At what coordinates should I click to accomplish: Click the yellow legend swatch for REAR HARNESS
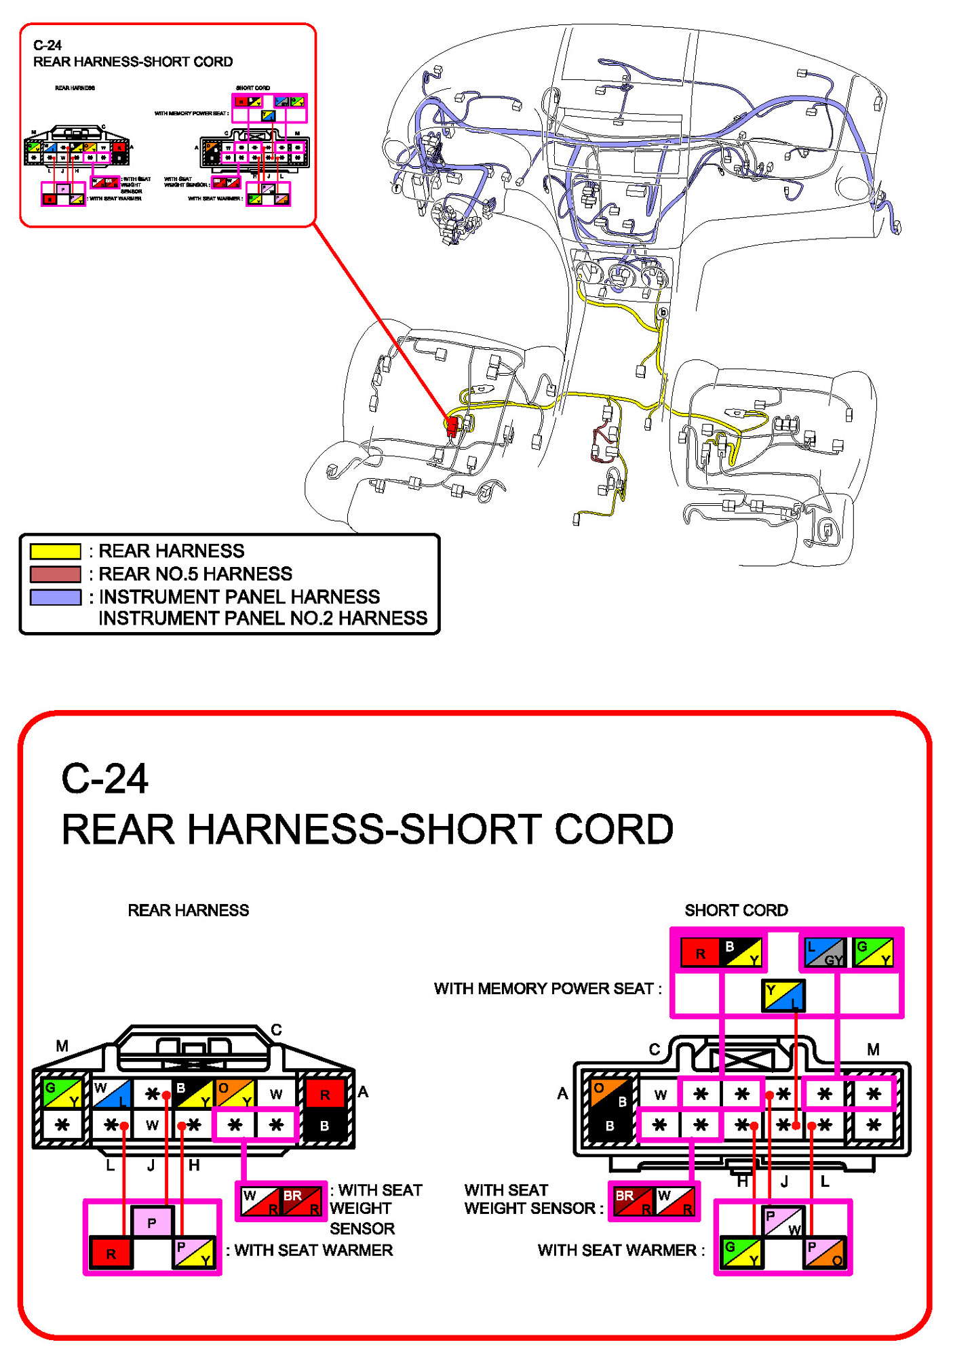coord(55,551)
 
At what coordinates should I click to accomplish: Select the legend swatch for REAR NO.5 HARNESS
coord(55,574)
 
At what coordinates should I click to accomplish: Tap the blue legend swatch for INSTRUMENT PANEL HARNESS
coord(55,597)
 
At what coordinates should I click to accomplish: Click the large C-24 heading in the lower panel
coord(104,779)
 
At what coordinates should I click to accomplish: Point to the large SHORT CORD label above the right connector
coord(736,910)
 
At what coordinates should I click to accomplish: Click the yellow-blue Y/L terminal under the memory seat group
coord(783,996)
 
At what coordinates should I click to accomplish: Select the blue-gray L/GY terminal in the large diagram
coord(824,952)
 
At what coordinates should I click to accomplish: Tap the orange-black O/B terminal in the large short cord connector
coord(610,1094)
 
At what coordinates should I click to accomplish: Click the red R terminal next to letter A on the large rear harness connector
coord(325,1094)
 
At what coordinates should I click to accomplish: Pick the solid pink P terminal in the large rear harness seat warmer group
coord(152,1223)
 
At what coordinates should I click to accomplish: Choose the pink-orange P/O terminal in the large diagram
coord(824,1253)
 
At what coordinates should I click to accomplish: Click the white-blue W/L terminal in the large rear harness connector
coord(112,1094)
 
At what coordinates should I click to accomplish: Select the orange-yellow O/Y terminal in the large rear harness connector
coord(235,1094)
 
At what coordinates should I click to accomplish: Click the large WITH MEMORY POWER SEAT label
coord(547,989)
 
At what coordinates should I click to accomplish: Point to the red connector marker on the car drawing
coord(451,425)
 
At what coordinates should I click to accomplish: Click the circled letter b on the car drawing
coord(663,313)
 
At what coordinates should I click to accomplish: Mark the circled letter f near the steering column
coord(397,188)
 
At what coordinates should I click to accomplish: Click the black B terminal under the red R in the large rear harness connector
coord(325,1126)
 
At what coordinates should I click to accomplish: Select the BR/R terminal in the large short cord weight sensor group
coord(633,1201)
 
